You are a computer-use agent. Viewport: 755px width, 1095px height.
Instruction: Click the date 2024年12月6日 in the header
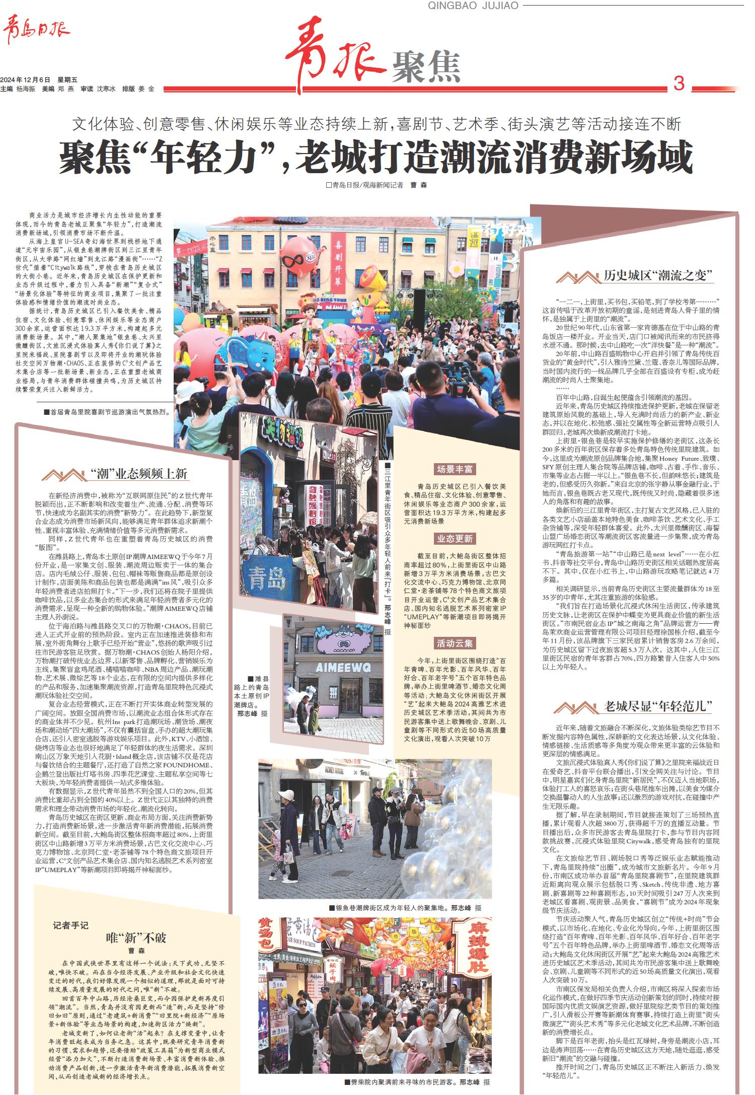point(26,80)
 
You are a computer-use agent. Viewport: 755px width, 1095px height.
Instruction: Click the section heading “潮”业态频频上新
point(139,473)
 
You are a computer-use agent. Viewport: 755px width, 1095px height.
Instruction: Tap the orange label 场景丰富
point(455,469)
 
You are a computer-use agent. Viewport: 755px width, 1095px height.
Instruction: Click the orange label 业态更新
point(455,539)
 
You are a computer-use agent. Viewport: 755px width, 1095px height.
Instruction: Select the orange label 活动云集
point(455,643)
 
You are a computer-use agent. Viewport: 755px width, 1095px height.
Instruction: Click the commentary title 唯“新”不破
point(135,938)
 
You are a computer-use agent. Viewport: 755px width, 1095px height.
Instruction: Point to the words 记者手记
point(70,925)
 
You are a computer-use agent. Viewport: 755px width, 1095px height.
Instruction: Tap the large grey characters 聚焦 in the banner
point(425,67)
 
